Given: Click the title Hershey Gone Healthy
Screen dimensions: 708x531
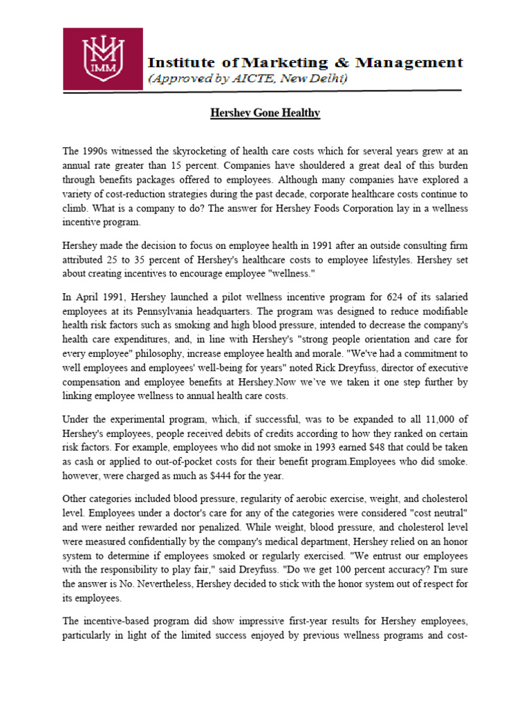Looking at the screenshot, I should coord(265,113).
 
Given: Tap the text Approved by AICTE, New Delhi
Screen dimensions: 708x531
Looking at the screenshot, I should coord(249,79).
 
